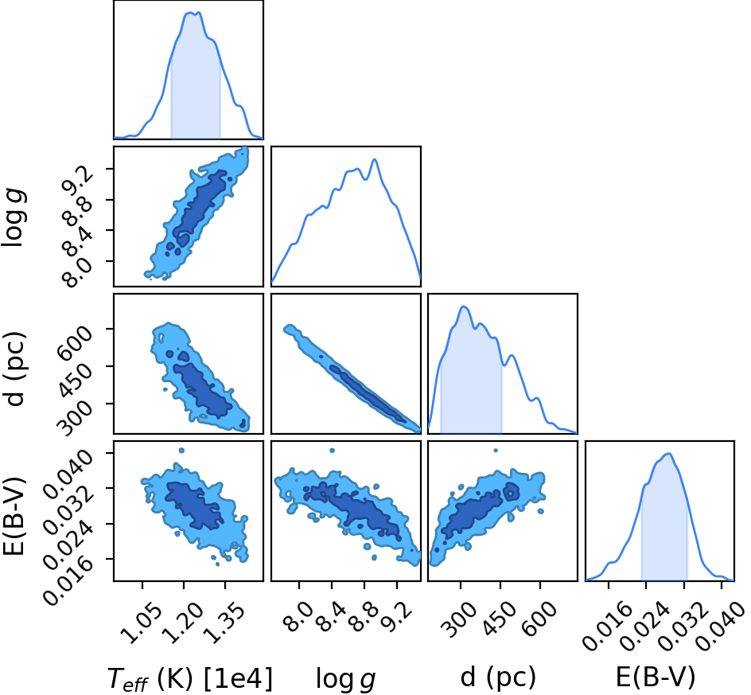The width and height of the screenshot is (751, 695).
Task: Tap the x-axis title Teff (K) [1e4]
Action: click(x=190, y=679)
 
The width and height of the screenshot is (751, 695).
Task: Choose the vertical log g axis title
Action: click(x=15, y=218)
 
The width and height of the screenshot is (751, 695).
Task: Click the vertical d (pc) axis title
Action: click(x=15, y=368)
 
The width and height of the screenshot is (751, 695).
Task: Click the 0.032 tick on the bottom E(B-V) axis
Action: click(x=683, y=623)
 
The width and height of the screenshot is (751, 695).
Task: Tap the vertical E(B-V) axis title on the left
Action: click(x=14, y=516)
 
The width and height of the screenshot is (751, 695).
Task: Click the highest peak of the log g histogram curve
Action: click(x=375, y=159)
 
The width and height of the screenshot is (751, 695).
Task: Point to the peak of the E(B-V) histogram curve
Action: click(x=668, y=454)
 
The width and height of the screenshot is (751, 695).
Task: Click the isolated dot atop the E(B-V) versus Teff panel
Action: click(x=181, y=450)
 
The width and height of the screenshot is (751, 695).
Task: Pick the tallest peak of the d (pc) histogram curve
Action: click(x=463, y=307)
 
